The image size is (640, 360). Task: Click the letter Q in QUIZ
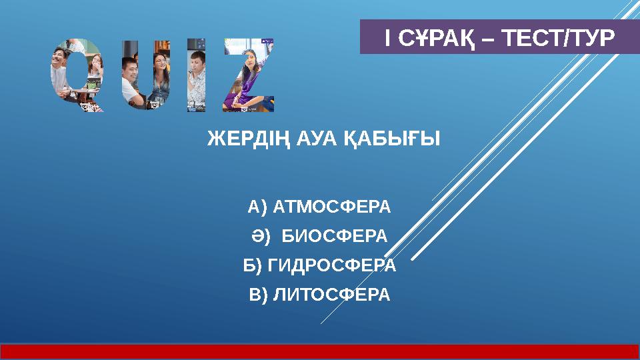tap(77, 75)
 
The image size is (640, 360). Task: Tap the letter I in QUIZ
tap(196, 75)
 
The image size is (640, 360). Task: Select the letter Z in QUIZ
tap(248, 75)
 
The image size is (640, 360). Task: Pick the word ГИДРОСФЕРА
tap(331, 265)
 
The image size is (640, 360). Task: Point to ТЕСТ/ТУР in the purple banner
tap(557, 39)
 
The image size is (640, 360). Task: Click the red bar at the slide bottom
tap(320, 352)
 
